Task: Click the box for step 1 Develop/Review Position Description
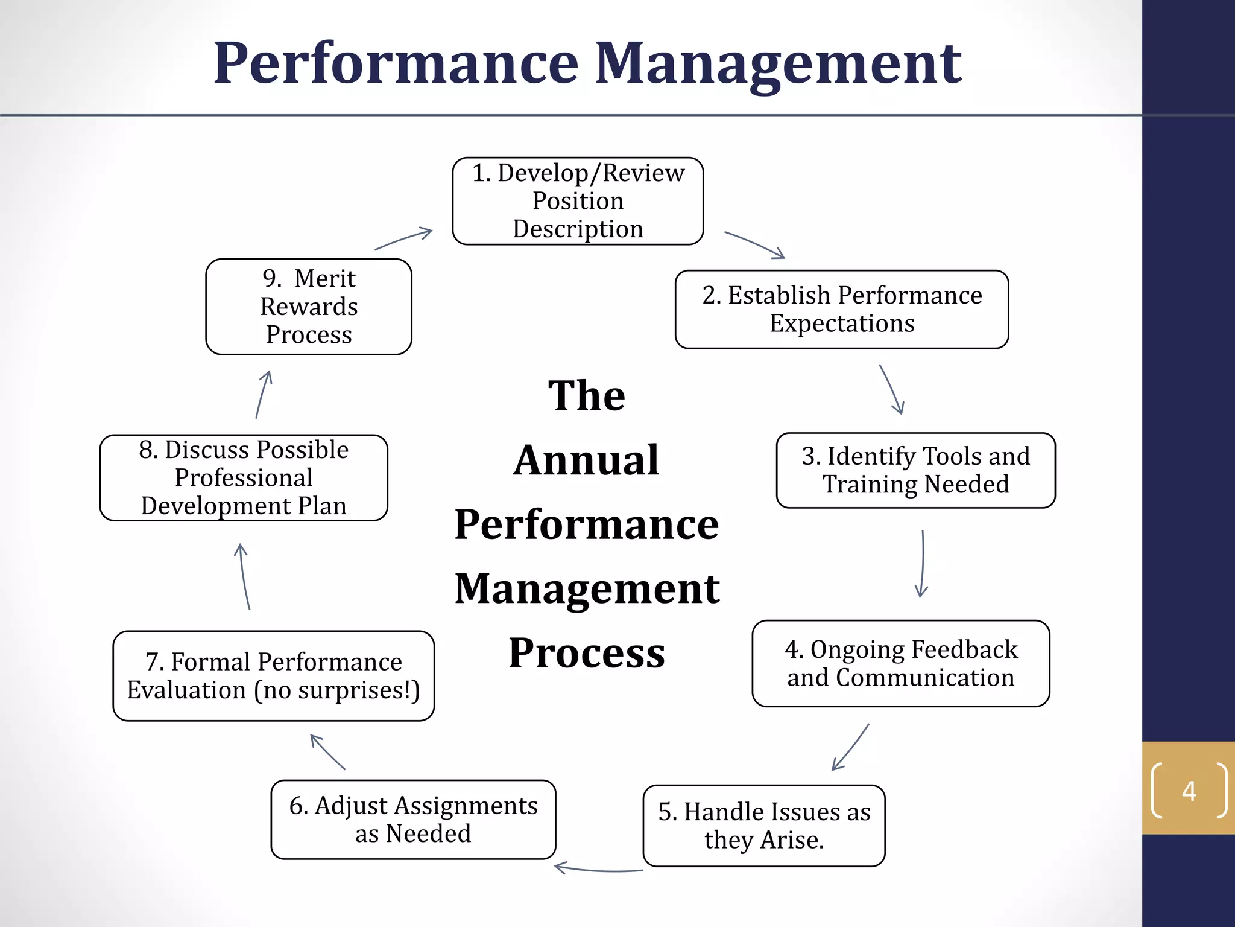pos(578,201)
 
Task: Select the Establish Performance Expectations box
pos(841,309)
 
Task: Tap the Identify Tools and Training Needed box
pos(915,470)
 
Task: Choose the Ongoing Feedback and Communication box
pos(900,663)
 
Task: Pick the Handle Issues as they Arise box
pos(763,825)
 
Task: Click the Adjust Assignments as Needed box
pos(413,819)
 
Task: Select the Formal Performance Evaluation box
pos(273,676)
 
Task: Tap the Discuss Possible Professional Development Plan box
pos(244,477)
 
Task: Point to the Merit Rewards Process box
pos(309,307)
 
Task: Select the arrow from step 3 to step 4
pos(923,564)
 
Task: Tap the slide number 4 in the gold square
pos(1189,791)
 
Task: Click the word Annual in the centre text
pos(586,460)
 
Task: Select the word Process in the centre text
pos(586,652)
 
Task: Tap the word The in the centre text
pos(586,396)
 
